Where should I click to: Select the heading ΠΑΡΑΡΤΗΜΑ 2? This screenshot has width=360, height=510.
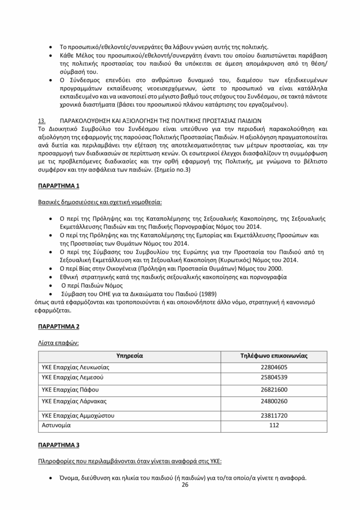59,327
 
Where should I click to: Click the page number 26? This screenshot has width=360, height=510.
185,485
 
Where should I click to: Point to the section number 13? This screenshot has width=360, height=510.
42,121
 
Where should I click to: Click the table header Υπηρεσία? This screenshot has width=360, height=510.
129,356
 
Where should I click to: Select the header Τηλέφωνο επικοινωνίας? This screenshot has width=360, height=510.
273,356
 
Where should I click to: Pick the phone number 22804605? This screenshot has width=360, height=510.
273,368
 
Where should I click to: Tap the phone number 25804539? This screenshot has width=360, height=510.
273,378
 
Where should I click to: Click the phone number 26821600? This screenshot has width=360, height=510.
273,389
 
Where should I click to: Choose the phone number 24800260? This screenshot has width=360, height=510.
273,401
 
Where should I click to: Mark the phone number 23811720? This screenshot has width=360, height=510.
273,415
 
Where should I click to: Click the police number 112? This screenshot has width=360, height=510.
273,426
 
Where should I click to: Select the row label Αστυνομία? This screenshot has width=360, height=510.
56,426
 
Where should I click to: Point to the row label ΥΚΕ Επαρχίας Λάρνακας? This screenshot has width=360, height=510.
75,401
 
